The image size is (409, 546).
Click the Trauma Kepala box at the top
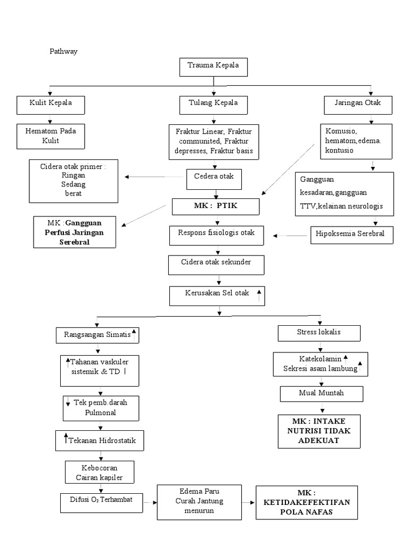213,66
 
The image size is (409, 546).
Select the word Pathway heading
63,52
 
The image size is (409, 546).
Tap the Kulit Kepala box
51,103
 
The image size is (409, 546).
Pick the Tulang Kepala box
213,103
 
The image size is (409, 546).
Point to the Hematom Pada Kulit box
51,135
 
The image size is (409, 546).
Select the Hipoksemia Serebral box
352,235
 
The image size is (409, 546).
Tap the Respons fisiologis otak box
216,234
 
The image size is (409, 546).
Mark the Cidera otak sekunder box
216,263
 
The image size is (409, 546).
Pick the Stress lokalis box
319,333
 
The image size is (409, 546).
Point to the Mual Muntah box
322,394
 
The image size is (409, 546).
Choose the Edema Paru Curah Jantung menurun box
199,502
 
